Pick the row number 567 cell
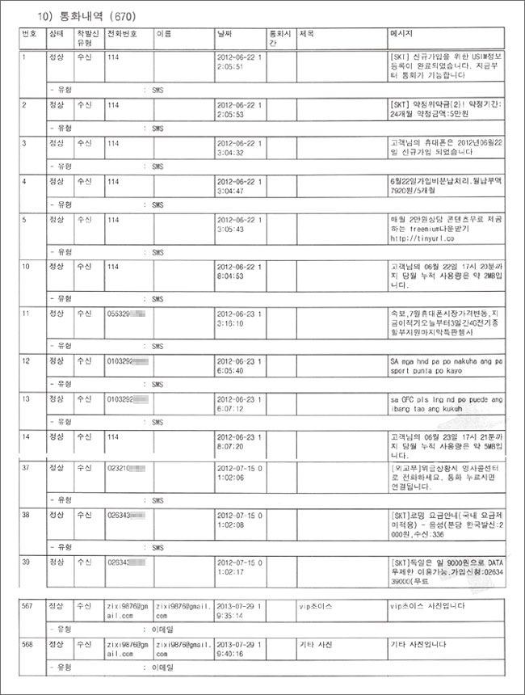tap(30, 605)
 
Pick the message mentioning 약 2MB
tap(441, 276)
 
